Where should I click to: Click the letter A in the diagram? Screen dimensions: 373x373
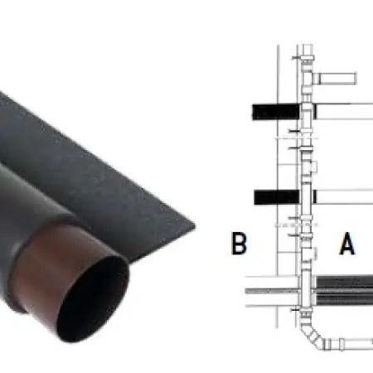[347, 244]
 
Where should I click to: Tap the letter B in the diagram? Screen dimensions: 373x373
[239, 243]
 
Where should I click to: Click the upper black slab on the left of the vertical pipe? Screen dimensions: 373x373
[276, 112]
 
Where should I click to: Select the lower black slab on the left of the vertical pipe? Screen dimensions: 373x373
[277, 197]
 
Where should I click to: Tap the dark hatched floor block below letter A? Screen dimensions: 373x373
[345, 290]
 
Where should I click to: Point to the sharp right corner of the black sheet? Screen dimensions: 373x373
[195, 226]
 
